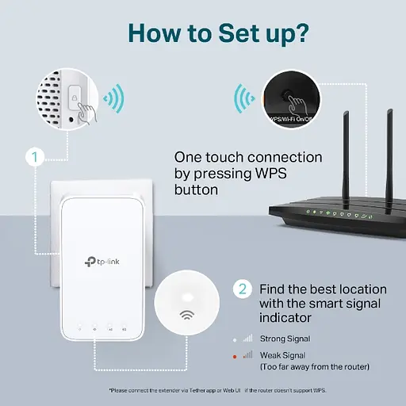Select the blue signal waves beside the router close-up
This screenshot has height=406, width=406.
pyautogui.click(x=243, y=100)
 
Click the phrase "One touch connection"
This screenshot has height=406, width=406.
pyautogui.click(x=248, y=158)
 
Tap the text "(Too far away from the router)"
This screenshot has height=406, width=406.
pyautogui.click(x=314, y=367)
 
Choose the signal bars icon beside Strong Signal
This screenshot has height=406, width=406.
pyautogui.click(x=248, y=339)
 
